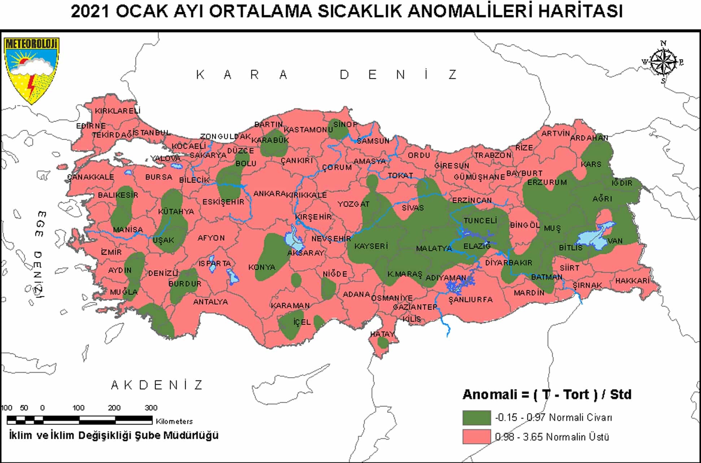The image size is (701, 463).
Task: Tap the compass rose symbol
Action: pyautogui.click(x=663, y=62)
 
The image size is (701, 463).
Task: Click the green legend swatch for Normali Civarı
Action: pyautogui.click(x=476, y=418)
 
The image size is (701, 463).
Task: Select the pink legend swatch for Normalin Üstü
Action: pyautogui.click(x=476, y=437)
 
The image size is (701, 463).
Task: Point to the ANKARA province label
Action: pyautogui.click(x=269, y=194)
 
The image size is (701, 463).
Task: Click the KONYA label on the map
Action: pyautogui.click(x=262, y=267)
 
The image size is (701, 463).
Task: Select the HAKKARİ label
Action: pyautogui.click(x=632, y=281)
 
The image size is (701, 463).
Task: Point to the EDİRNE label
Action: pyautogui.click(x=91, y=126)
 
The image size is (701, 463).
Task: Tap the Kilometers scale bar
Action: pyautogui.click(x=79, y=420)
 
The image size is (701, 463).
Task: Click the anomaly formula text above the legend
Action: pyautogui.click(x=547, y=394)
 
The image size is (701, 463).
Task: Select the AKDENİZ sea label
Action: pyautogui.click(x=157, y=385)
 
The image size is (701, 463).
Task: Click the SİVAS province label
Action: pyautogui.click(x=413, y=208)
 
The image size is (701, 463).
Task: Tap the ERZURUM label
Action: pyautogui.click(x=547, y=183)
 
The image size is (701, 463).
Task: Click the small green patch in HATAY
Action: pyautogui.click(x=383, y=342)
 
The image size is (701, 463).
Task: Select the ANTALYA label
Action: pyautogui.click(x=210, y=302)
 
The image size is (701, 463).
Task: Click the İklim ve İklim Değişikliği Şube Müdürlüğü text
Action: pyautogui.click(x=114, y=435)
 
